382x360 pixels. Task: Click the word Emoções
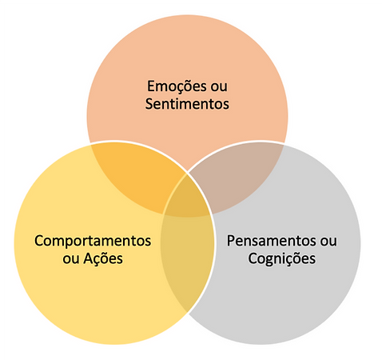click(x=177, y=87)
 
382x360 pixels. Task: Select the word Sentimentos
click(x=187, y=104)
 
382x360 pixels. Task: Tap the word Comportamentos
click(x=93, y=242)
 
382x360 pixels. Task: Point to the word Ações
click(x=103, y=258)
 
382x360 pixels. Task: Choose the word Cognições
click(x=282, y=258)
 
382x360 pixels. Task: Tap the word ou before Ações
click(x=71, y=259)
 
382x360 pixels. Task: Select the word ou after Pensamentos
click(x=328, y=242)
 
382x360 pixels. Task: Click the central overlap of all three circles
click(x=187, y=198)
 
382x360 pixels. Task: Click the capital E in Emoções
click(x=151, y=86)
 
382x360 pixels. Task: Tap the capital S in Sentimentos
click(x=149, y=104)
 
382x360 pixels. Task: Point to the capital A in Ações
click(x=89, y=258)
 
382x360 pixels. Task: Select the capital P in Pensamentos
click(x=231, y=241)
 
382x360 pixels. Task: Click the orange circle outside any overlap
click(x=187, y=54)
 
